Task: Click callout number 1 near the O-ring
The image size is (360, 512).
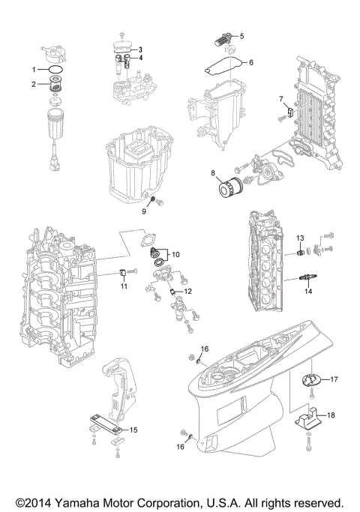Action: [x=33, y=70]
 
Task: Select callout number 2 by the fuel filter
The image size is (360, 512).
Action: [x=33, y=84]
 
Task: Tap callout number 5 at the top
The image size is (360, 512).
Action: [x=241, y=35]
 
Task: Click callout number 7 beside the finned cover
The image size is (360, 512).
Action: [x=281, y=99]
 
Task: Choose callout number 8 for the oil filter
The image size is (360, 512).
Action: [x=212, y=174]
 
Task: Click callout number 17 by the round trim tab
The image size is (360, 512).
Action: [x=334, y=379]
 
